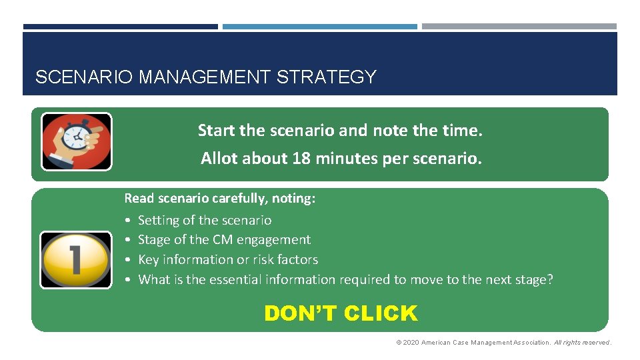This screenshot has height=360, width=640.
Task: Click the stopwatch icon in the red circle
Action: pos(77,141)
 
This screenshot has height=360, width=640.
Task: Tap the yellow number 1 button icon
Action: pos(76,259)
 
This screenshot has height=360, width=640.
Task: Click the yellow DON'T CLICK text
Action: pos(341,313)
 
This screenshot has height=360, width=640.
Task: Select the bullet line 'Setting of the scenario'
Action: pos(204,220)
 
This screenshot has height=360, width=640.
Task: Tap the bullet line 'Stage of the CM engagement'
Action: pos(224,239)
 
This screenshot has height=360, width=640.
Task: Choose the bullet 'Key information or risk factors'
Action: pos(227,259)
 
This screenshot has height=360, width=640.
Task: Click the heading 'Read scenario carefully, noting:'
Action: pos(220,199)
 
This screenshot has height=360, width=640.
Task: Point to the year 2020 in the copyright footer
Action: pos(411,343)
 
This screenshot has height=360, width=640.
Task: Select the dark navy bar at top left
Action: pos(120,27)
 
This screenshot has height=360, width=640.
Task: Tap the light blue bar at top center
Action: pos(319,27)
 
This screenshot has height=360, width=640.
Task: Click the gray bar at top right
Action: pos(519,27)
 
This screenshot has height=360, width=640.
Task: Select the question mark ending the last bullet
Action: pos(549,279)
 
